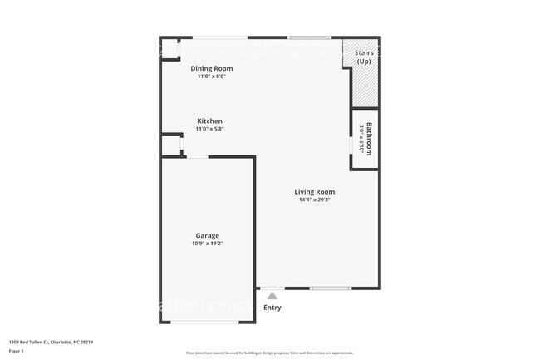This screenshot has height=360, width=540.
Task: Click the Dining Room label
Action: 211,68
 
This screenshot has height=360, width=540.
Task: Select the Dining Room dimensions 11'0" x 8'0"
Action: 211,76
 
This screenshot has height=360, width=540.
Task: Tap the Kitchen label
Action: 209,121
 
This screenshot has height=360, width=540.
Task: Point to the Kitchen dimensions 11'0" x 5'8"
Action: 209,129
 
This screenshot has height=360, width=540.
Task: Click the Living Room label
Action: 315,192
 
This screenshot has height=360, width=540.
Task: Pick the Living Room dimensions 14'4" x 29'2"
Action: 315,200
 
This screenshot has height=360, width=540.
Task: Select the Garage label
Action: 208,235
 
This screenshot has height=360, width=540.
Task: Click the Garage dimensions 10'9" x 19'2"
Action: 208,243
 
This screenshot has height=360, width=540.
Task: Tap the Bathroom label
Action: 369,139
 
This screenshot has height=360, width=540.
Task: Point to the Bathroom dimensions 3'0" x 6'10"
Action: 361,139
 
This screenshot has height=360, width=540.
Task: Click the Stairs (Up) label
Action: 364,57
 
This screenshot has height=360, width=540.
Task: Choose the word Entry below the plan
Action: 272,308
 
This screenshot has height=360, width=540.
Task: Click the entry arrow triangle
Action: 272,295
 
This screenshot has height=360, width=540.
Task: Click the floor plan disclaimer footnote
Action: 270,352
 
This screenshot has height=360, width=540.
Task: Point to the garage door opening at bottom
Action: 208,323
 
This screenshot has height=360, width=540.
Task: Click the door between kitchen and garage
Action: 197,157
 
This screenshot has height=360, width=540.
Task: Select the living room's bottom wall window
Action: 330,288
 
